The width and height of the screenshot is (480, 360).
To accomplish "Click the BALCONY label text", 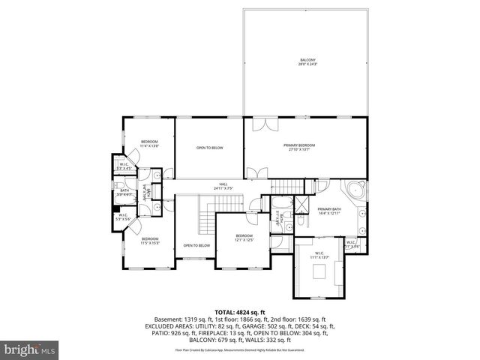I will (x=308, y=62).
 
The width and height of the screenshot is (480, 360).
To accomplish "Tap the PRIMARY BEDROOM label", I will (x=298, y=147).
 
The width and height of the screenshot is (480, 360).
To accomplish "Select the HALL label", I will (x=223, y=186).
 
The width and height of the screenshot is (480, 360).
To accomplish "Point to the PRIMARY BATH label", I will (x=329, y=211).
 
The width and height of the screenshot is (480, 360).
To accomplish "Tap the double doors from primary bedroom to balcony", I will (x=262, y=124).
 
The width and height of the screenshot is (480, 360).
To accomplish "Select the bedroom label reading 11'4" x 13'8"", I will (x=150, y=143).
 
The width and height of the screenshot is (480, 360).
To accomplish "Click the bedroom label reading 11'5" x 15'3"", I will (x=150, y=241).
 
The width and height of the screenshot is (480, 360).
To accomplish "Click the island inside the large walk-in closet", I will (x=320, y=272).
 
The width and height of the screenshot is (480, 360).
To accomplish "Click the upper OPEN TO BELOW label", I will (x=209, y=148).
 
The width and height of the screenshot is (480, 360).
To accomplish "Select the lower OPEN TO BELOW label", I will (x=196, y=245).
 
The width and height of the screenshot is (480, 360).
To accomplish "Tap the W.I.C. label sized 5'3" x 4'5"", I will (x=124, y=166).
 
